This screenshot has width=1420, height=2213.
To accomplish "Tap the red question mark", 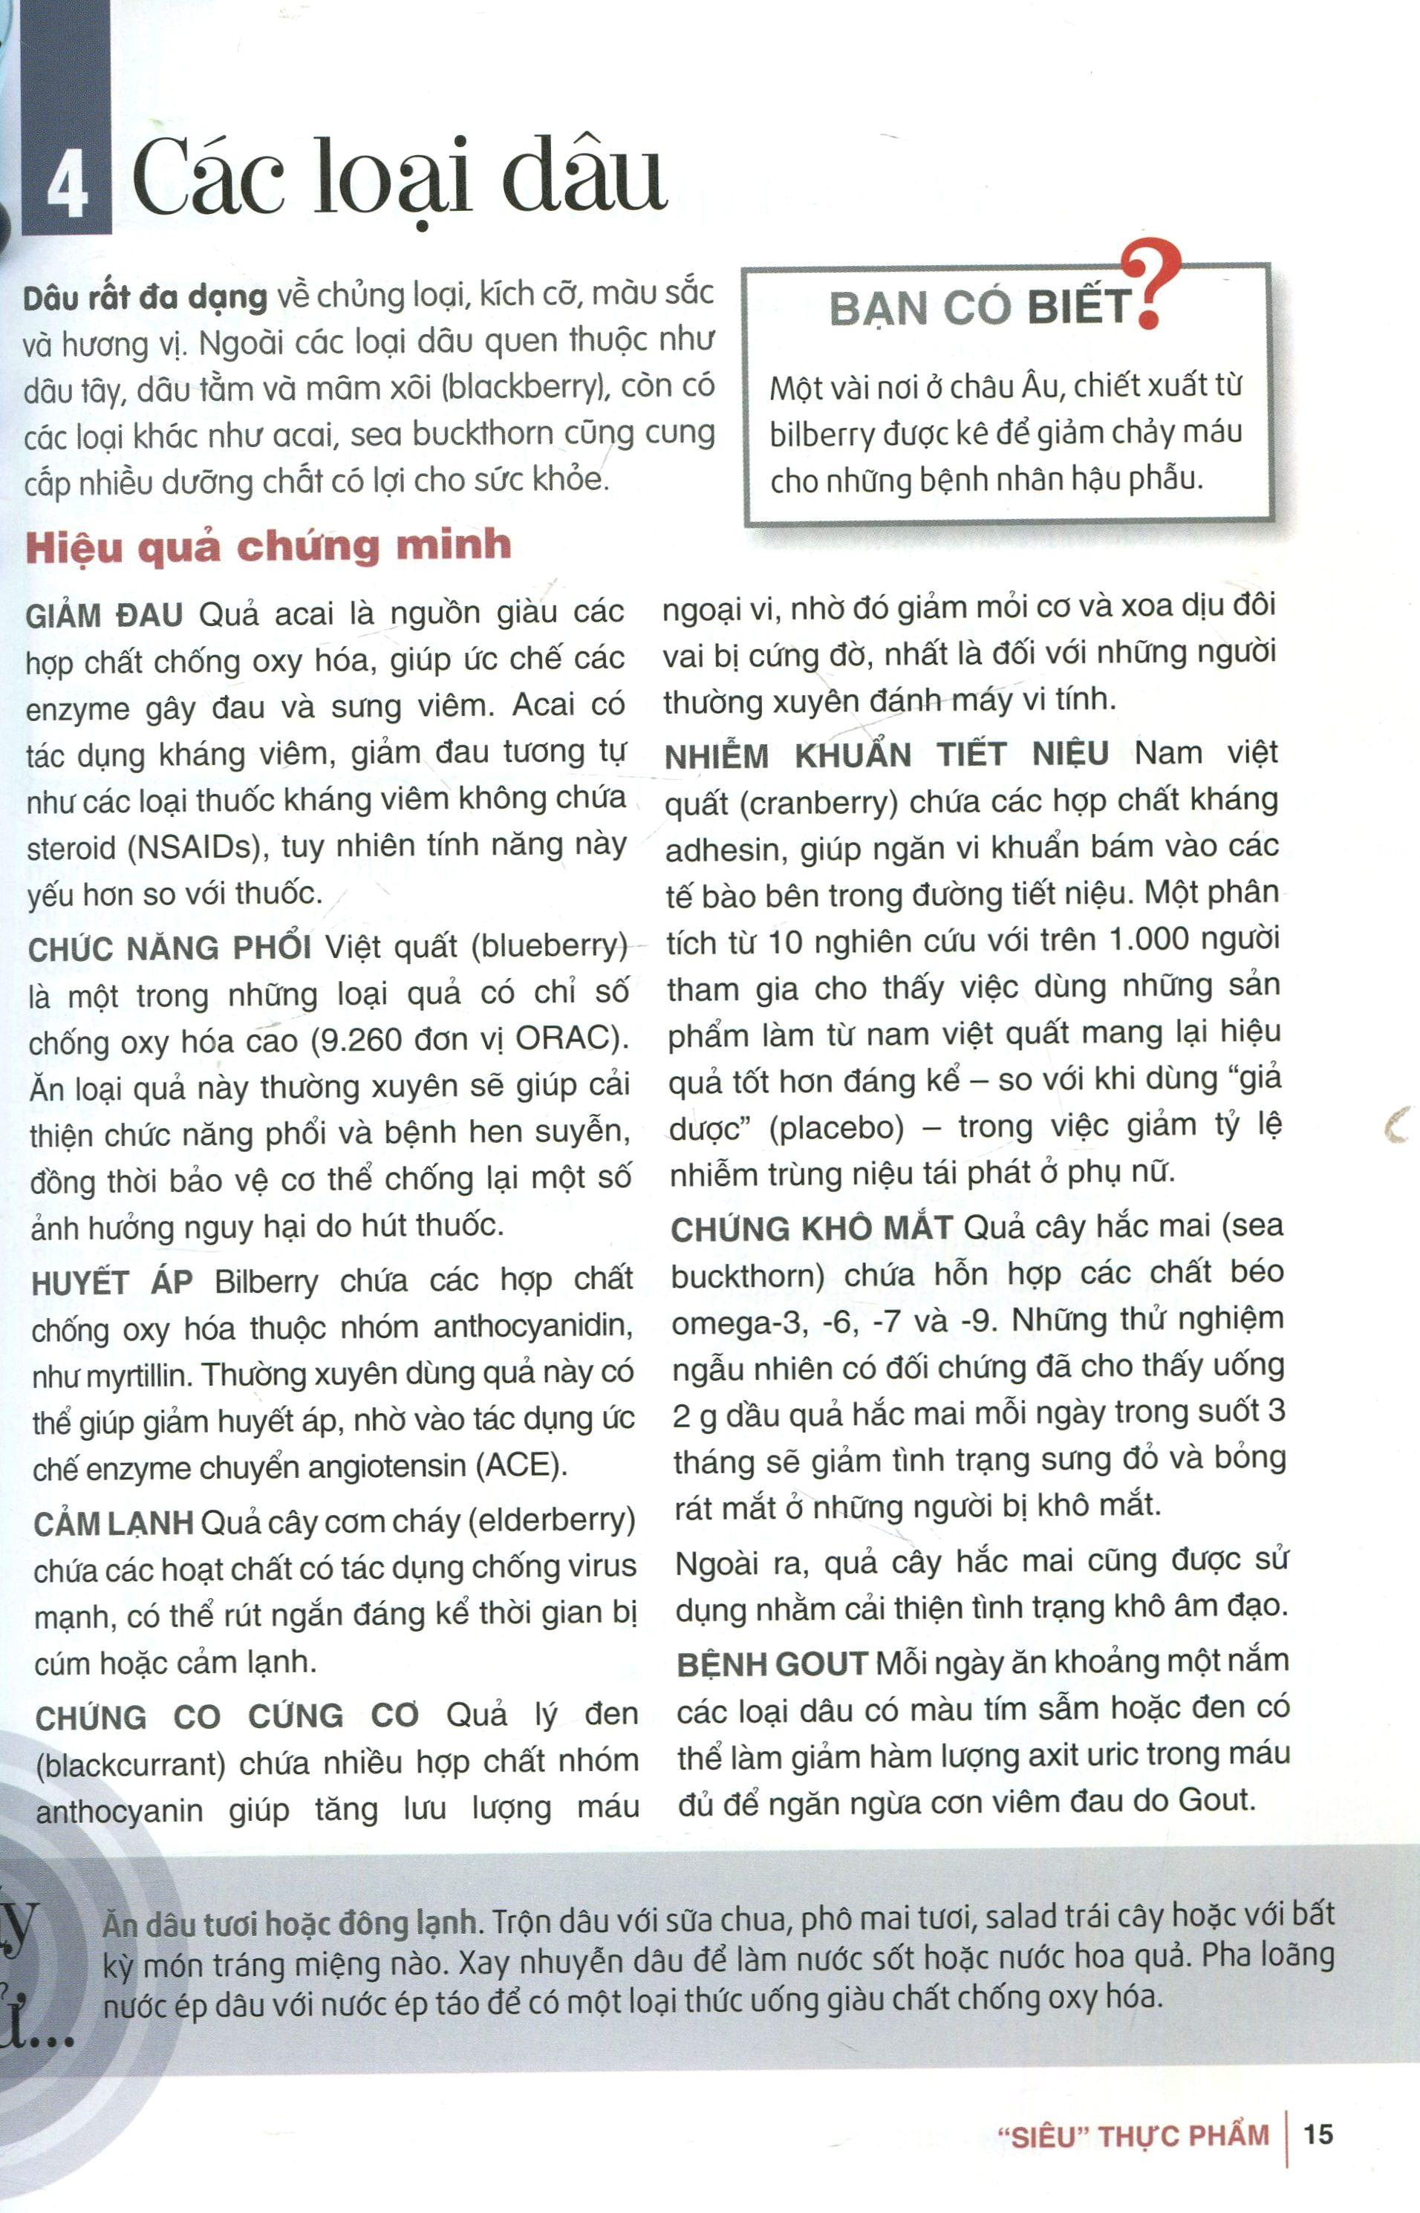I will pos(1153,284).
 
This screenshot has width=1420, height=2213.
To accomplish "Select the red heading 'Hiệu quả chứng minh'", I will pos(267,546).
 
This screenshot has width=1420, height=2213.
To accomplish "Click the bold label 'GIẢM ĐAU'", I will pos(104,615).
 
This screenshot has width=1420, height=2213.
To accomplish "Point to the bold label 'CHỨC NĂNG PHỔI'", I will pos(169,949).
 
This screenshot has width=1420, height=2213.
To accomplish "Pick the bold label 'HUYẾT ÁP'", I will pos(111,1283).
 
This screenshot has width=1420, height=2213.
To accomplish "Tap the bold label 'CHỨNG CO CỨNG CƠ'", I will pos(227,1717).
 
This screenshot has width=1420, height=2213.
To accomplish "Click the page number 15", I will pos(1318,2134).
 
